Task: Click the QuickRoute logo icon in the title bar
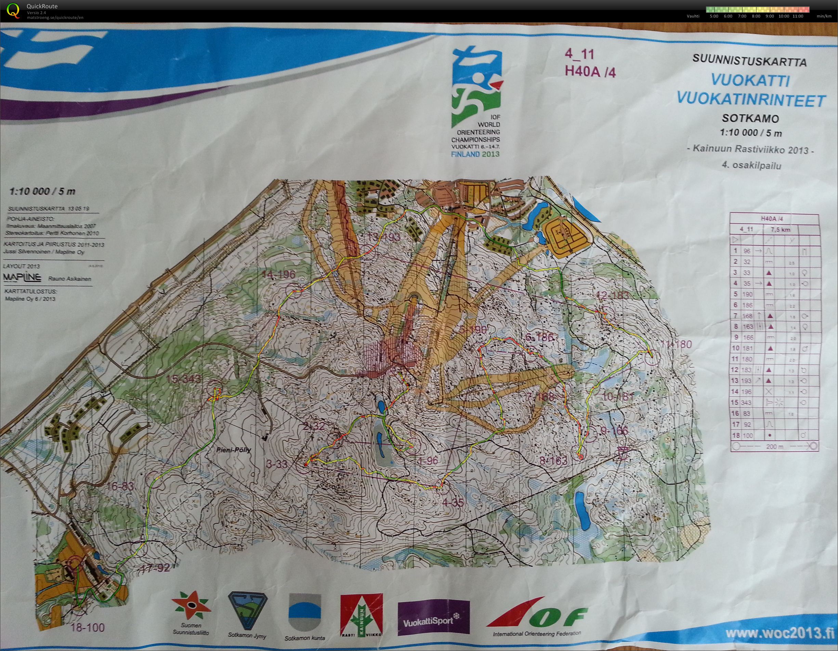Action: pyautogui.click(x=13, y=10)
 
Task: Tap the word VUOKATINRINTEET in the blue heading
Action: pyautogui.click(x=750, y=100)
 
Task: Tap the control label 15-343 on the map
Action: pyautogui.click(x=183, y=379)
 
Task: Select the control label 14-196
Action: pyautogui.click(x=279, y=274)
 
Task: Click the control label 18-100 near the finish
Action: pyautogui.click(x=88, y=628)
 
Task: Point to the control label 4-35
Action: pyautogui.click(x=453, y=503)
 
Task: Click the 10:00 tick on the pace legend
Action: pyautogui.click(x=784, y=16)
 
